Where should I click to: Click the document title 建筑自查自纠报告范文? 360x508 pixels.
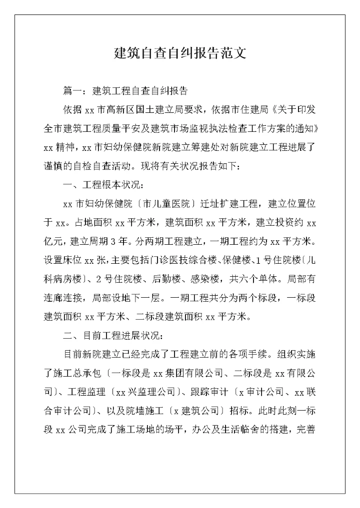(x=180, y=53)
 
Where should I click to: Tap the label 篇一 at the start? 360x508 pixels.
(x=71, y=91)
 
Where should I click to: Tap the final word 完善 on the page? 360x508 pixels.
(x=305, y=429)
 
